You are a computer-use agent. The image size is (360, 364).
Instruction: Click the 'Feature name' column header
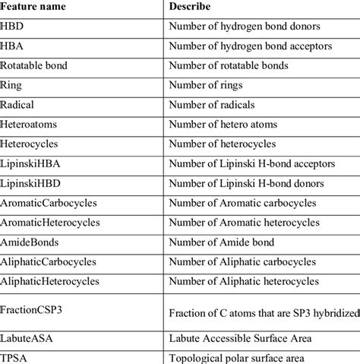36,7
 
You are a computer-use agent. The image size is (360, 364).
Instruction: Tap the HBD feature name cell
15,27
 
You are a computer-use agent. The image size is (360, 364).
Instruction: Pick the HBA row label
15,46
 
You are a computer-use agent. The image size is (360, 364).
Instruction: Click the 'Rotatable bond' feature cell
35,66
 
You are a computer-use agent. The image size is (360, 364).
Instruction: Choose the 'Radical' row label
19,105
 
